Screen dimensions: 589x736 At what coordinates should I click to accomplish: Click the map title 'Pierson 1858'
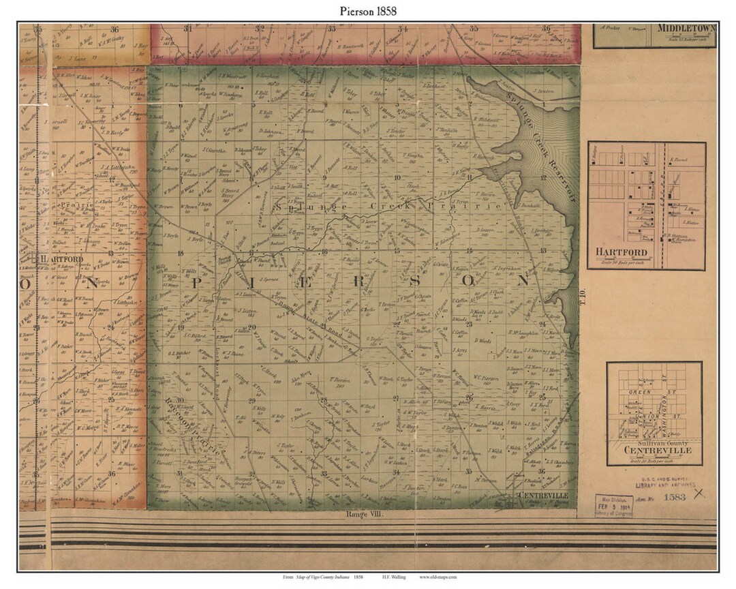pos(367,11)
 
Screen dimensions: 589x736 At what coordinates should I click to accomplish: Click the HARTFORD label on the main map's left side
pos(61,260)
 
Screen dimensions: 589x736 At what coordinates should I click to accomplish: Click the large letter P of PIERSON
pos(198,282)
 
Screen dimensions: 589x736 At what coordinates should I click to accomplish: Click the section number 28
pos(323,400)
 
